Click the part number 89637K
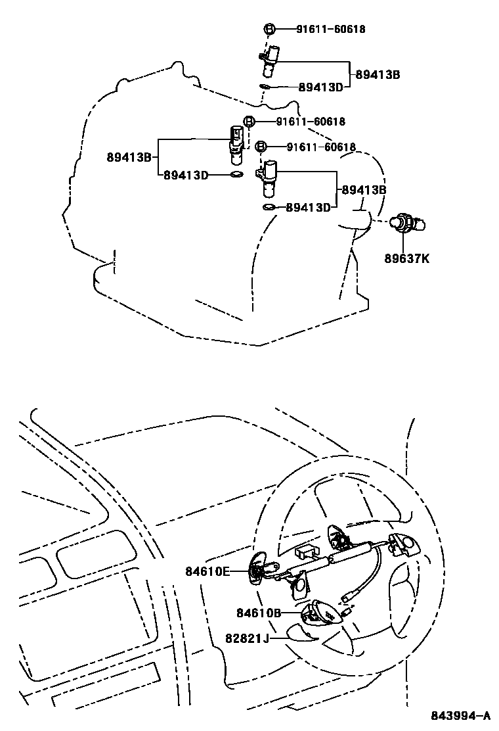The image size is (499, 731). (407, 258)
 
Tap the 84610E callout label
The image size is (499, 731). (207, 571)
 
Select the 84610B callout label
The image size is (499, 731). (259, 613)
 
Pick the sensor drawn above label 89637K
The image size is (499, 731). (407, 225)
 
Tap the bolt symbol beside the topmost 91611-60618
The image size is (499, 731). (269, 29)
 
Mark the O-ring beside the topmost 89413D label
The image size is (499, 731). (264, 85)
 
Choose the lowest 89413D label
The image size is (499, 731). (308, 207)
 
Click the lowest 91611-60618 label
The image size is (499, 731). (322, 147)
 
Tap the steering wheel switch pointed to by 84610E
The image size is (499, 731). (258, 567)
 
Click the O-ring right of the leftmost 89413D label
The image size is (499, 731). (236, 175)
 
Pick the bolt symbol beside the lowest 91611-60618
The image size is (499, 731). (261, 147)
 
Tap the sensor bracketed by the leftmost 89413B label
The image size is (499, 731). (236, 143)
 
